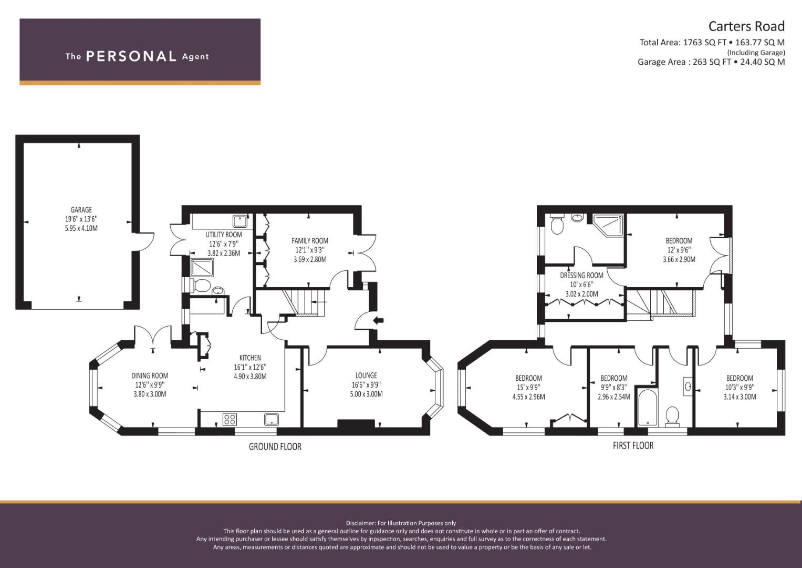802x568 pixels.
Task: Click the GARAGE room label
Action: tap(81, 210)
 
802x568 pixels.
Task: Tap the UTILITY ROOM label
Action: tap(224, 235)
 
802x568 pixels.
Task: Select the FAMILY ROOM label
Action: tap(310, 241)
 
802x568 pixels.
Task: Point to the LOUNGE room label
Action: tap(366, 376)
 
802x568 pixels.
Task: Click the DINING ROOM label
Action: tap(150, 376)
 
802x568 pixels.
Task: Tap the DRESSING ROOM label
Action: tap(581, 275)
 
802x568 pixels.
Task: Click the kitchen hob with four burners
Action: tap(230, 419)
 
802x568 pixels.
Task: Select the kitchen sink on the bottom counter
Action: tap(271, 419)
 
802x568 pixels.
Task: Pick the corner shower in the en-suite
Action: tap(608, 225)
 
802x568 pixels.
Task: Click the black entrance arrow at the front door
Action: tap(378, 320)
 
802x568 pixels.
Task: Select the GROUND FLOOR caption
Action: tap(275, 447)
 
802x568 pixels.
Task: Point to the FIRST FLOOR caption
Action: tap(633, 445)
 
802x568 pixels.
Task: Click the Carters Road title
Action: tap(746, 26)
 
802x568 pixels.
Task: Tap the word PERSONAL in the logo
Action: tap(131, 56)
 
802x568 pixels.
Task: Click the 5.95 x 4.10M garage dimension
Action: tap(81, 228)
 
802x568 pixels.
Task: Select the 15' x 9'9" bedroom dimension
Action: tap(528, 388)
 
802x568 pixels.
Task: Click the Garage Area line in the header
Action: tap(711, 62)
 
